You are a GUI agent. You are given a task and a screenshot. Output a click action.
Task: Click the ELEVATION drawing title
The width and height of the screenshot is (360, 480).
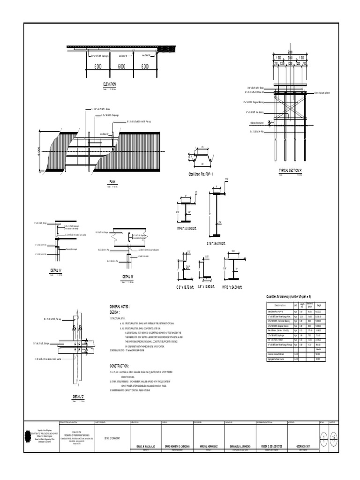coord(109,84)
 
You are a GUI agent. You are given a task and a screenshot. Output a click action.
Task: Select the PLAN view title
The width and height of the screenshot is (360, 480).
coord(112,181)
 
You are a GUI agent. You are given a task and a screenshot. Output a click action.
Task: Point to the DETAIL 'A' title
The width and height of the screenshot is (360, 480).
coord(57,270)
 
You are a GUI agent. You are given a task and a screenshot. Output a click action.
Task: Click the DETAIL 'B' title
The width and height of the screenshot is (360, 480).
coord(128,277)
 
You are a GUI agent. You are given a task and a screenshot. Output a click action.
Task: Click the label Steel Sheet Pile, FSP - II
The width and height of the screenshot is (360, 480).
coord(201,174)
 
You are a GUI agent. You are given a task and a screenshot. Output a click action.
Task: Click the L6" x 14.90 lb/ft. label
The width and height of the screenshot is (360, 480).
coord(206,286)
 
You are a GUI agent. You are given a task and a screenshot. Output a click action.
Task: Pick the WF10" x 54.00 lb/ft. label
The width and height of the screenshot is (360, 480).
coord(232,286)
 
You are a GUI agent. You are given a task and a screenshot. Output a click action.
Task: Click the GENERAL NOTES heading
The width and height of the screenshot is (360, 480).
coord(120,306)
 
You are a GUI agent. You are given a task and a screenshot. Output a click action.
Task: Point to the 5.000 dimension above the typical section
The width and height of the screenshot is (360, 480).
coord(290,52)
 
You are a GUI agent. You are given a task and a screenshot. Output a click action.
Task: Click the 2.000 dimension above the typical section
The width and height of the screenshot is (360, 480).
coord(290,58)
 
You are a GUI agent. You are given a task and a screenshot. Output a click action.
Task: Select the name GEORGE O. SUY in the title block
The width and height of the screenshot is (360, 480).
coord(300,447)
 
